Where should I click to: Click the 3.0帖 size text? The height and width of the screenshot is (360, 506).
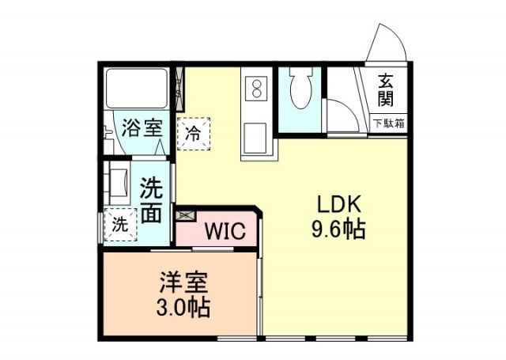point(183,307)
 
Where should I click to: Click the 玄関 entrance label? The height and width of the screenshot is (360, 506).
point(387,89)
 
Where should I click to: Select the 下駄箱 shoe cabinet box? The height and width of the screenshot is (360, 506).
point(389,123)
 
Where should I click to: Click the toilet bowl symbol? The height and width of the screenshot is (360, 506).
point(301,92)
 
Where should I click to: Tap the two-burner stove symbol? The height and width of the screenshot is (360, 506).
point(257,89)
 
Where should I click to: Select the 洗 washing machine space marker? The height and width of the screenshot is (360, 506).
point(119,224)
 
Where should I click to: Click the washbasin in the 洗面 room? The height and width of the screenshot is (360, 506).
point(118,183)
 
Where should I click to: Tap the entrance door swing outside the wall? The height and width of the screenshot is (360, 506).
point(385,44)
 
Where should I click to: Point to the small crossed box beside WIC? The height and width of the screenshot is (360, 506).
point(186,214)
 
